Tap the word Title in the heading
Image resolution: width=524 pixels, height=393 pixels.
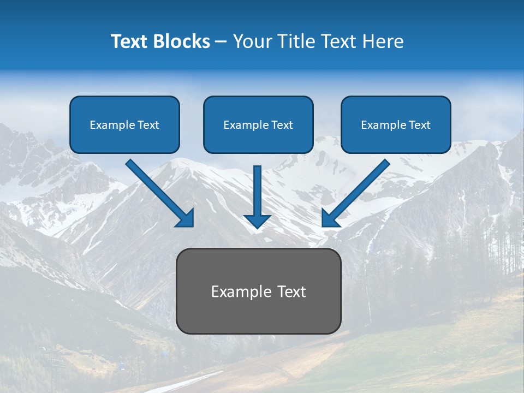(295, 41)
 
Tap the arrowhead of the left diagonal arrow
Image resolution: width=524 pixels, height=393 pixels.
(186, 219)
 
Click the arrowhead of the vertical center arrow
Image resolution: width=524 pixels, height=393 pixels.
(257, 221)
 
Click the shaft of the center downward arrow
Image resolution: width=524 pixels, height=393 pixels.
(257, 188)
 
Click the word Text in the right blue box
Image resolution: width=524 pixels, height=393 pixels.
(420, 125)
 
